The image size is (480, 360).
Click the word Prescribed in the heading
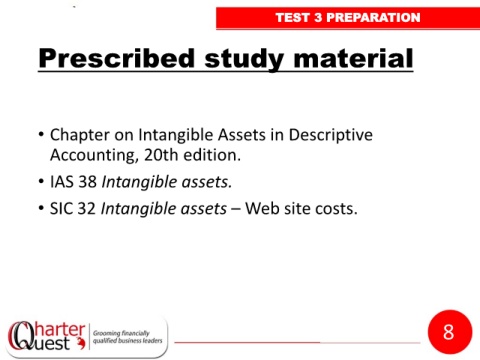coord(117,58)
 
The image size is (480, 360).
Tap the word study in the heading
coord(244,59)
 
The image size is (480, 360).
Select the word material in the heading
coord(354,58)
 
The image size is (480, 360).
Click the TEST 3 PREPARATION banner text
coord(348,17)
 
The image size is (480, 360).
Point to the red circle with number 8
coord(450,332)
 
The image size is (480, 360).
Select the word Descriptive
coord(331,135)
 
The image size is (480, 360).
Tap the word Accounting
coord(94,155)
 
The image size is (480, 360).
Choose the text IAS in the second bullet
coord(62,182)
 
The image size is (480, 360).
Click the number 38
coord(87,182)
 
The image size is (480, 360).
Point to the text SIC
coord(61,209)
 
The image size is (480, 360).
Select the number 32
coord(87,209)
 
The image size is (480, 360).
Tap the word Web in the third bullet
coord(262,209)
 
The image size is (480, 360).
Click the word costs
coord(336,210)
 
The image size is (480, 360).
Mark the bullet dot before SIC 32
coord(41,208)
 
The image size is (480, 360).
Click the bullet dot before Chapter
coord(41,134)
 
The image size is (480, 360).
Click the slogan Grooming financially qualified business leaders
coord(127,337)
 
